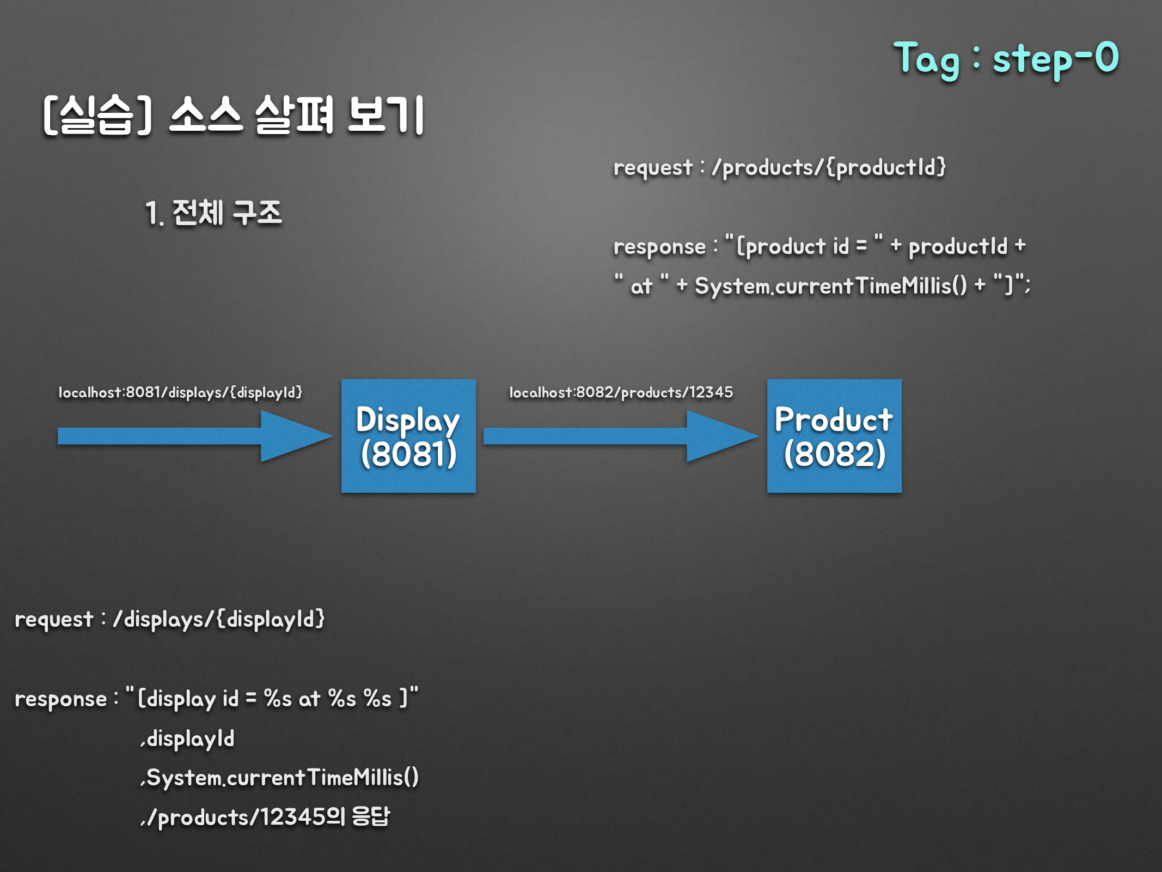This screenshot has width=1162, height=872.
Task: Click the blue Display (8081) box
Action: (x=408, y=436)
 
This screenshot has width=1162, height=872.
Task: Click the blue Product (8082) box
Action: (x=834, y=436)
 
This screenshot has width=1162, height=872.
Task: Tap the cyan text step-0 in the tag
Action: (x=1055, y=59)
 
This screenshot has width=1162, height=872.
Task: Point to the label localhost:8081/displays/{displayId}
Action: (x=180, y=392)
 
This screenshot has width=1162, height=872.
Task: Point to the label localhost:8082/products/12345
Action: (x=621, y=392)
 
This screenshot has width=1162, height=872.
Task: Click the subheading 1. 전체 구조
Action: (x=213, y=213)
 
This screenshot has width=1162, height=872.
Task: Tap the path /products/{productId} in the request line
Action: (x=829, y=167)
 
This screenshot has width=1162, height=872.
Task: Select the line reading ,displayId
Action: (x=188, y=739)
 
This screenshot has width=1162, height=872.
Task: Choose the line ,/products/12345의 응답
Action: (x=265, y=817)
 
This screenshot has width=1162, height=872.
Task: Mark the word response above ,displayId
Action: (x=61, y=699)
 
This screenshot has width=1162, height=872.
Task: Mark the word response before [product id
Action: (x=659, y=247)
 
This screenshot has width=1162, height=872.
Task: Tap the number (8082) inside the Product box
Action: (x=834, y=454)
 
